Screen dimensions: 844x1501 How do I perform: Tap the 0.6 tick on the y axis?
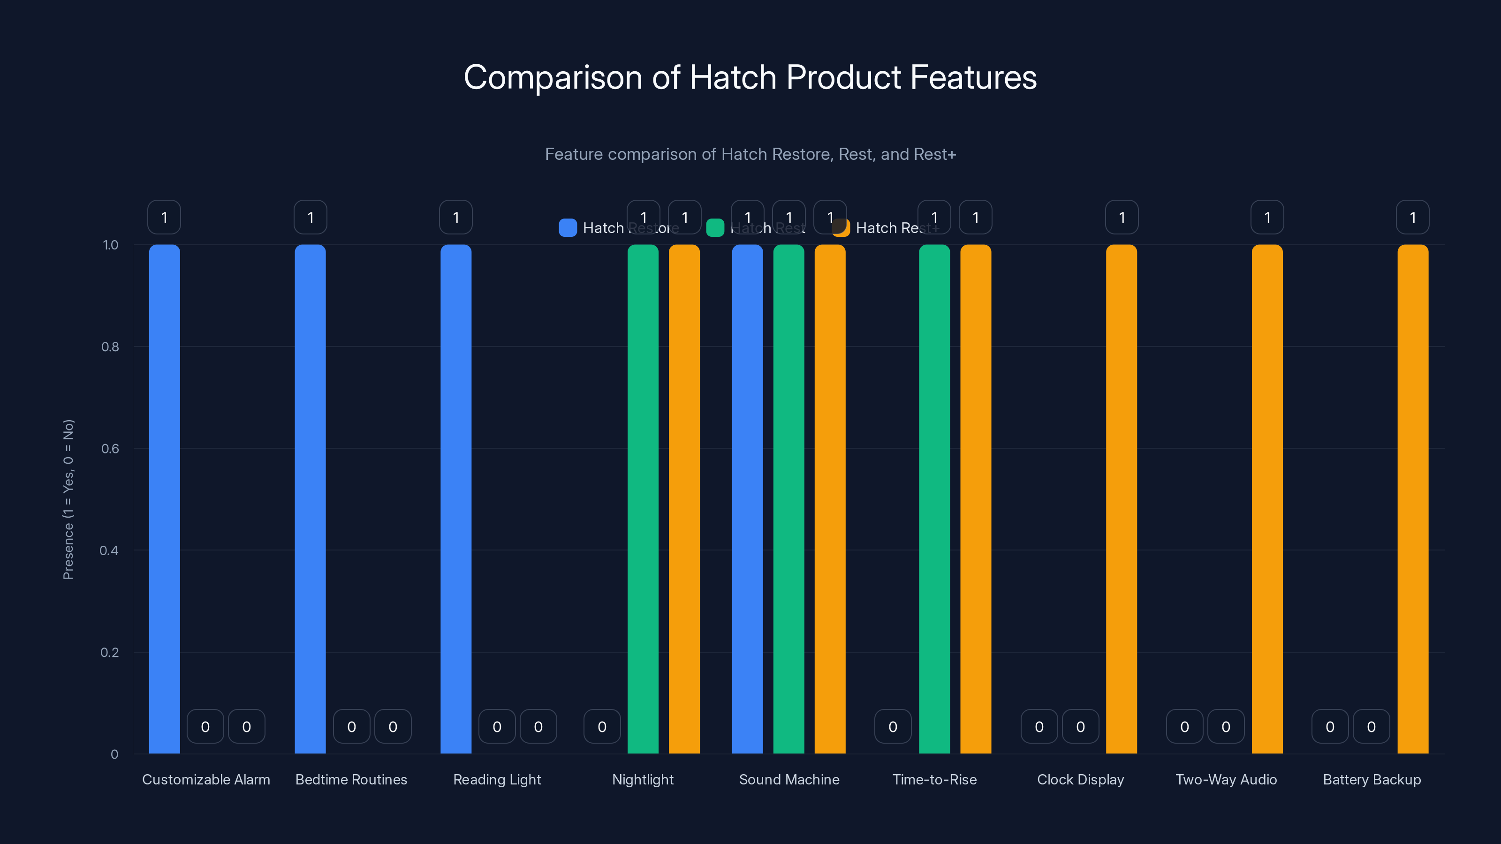[110, 449]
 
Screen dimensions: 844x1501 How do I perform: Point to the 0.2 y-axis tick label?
[110, 652]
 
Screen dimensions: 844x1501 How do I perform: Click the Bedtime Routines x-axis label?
[351, 779]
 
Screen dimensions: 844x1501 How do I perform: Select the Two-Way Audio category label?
[1226, 779]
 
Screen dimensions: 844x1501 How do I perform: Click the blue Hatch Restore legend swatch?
[568, 228]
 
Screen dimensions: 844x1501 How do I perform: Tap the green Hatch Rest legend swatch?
[715, 228]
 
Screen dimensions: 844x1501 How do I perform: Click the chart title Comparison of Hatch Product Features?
[750, 77]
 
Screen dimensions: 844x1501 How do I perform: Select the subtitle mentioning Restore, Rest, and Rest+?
[750, 154]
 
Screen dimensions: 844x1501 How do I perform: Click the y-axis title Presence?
[68, 499]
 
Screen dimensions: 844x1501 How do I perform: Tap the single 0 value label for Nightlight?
[602, 726]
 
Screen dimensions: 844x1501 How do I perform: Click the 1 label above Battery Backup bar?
[1412, 217]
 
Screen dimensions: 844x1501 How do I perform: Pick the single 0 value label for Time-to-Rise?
[893, 726]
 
